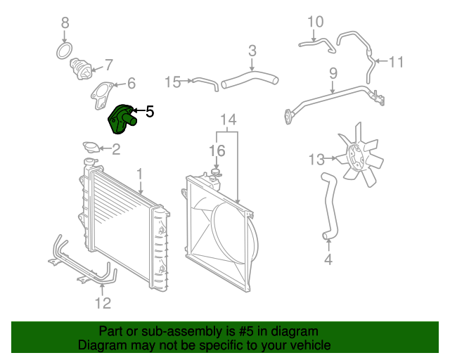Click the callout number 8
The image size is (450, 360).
[x=65, y=22]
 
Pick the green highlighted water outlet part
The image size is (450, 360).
[x=122, y=119]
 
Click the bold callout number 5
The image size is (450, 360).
[x=149, y=111]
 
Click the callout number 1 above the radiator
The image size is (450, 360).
[x=140, y=173]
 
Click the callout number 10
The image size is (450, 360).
[x=316, y=21]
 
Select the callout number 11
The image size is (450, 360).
[x=397, y=62]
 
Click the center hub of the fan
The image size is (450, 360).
[x=359, y=157]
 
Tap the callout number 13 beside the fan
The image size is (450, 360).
[x=316, y=160]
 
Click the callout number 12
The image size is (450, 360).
[x=103, y=303]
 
